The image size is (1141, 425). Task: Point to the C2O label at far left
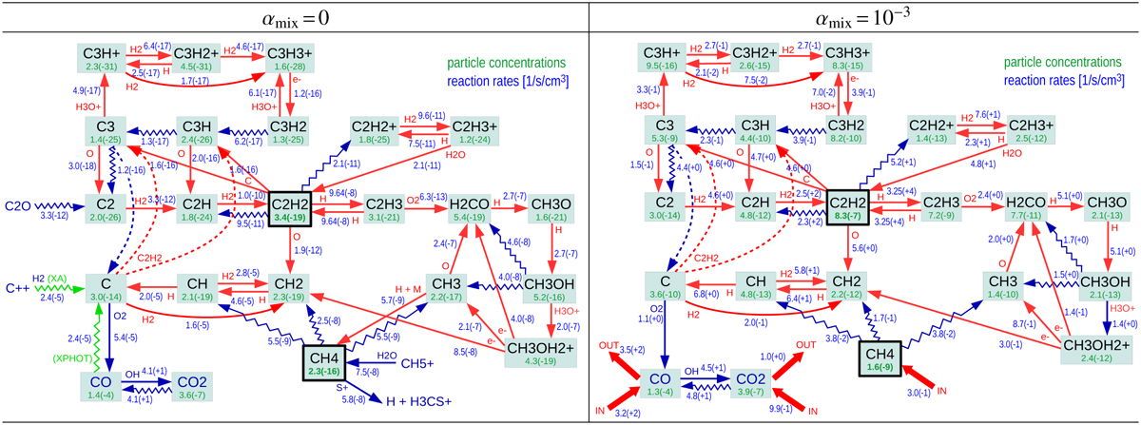point(19,204)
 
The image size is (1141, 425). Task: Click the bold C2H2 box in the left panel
point(291,203)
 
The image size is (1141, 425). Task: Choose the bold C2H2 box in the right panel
point(853,203)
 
